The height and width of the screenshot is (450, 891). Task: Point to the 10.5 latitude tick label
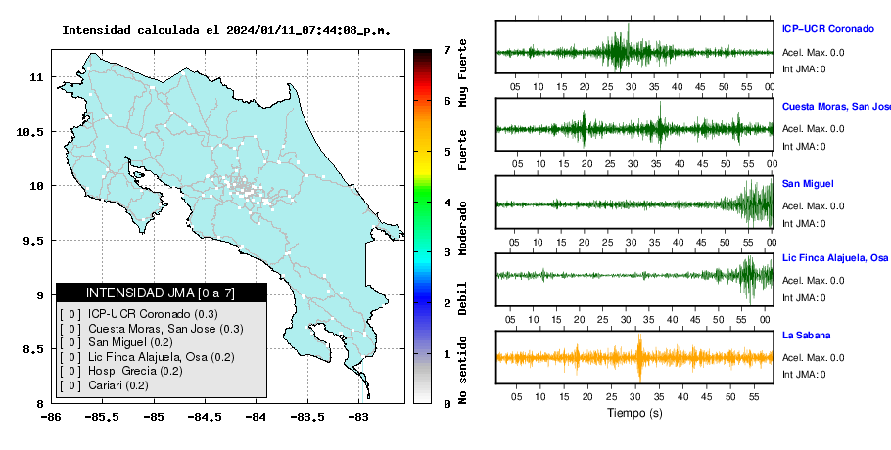(x=29, y=132)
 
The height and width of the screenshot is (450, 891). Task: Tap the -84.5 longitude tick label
(x=205, y=417)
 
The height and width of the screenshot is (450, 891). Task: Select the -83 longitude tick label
(x=358, y=417)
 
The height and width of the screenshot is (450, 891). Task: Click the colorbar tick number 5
(x=447, y=152)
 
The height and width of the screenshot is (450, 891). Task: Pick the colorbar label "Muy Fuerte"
(x=462, y=72)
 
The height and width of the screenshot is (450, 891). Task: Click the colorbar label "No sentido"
(x=462, y=370)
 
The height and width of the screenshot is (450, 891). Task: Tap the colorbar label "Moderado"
(x=462, y=228)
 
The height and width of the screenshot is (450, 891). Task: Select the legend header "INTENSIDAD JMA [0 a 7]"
(x=161, y=292)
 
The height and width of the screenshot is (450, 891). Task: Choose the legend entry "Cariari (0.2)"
(x=118, y=385)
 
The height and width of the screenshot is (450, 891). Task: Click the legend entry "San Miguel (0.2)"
(x=130, y=342)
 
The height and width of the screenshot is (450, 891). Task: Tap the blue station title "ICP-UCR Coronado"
(x=828, y=29)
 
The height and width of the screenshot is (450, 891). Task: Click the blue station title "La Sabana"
(x=807, y=336)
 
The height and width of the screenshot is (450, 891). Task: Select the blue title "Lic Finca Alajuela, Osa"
(x=835, y=258)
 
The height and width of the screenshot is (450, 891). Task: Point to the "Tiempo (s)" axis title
(x=634, y=413)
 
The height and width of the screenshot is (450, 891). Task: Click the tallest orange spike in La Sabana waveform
(x=639, y=358)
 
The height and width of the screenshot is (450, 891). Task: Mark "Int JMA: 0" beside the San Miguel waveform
(x=804, y=224)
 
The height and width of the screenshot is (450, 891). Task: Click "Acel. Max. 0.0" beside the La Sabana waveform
(x=813, y=357)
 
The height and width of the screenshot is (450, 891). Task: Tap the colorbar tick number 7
(x=447, y=50)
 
